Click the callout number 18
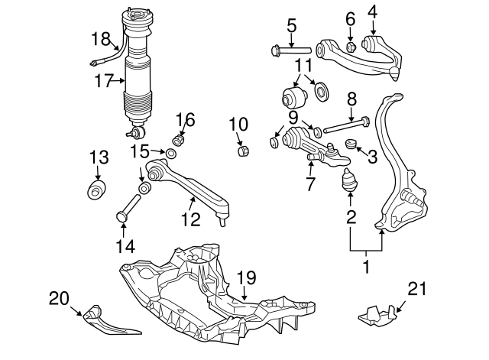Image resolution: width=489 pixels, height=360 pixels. (101, 39)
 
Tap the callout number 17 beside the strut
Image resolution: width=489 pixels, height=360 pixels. (104, 81)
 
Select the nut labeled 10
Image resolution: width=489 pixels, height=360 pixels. (243, 151)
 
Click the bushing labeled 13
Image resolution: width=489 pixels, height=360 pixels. (96, 190)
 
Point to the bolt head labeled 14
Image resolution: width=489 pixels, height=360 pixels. (121, 216)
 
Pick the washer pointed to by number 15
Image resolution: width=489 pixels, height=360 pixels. (171, 153)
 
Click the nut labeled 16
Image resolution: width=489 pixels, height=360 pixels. (178, 140)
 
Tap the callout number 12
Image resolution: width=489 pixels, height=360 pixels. (190, 219)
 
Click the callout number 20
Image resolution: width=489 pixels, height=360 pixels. (59, 299)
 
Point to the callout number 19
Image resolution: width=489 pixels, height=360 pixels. (246, 277)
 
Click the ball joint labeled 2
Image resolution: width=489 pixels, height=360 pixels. (350, 181)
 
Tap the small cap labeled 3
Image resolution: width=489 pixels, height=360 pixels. (351, 144)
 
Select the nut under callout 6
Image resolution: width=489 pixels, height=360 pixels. (351, 47)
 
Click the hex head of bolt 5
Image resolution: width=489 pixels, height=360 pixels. (276, 50)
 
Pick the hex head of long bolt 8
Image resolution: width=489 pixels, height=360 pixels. (365, 121)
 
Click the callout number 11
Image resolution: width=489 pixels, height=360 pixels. (303, 65)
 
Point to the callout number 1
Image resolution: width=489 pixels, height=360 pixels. (367, 266)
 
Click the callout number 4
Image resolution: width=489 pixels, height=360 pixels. (372, 12)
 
